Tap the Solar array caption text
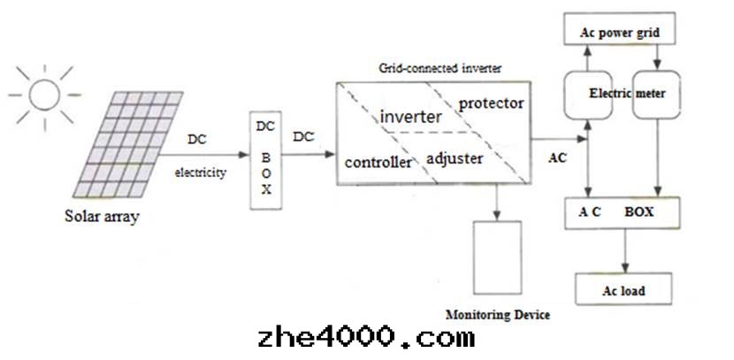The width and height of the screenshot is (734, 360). (102, 216)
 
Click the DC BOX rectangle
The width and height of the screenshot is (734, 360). (265, 161)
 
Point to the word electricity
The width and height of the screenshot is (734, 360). (200, 173)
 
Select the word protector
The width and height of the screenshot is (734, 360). (491, 103)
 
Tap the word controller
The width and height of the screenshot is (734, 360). (378, 163)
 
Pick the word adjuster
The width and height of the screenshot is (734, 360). (455, 159)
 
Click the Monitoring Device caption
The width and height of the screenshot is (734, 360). (498, 315)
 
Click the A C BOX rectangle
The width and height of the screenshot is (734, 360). (623, 213)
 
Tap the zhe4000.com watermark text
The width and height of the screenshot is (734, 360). (365, 338)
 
